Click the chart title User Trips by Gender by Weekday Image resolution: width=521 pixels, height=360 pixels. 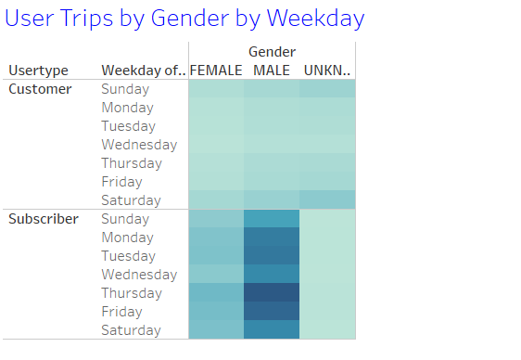(x=184, y=18)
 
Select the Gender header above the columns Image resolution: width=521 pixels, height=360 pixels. (x=272, y=52)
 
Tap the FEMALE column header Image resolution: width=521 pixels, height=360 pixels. (x=216, y=71)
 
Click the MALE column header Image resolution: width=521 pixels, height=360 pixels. (x=272, y=71)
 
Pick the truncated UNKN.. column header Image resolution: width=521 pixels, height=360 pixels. (x=327, y=71)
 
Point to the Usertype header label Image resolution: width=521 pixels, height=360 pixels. (x=39, y=71)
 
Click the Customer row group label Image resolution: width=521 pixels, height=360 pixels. (x=40, y=89)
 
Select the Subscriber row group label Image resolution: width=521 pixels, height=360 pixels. (x=44, y=219)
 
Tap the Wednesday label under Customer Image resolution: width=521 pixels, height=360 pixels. (x=139, y=145)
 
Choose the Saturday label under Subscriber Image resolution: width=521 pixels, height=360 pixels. (x=131, y=330)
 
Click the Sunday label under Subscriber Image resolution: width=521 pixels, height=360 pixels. (x=125, y=219)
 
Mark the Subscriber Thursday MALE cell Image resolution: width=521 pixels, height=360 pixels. (x=272, y=293)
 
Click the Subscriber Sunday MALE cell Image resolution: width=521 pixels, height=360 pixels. (x=272, y=219)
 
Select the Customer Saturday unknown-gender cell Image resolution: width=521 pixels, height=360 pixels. (x=327, y=200)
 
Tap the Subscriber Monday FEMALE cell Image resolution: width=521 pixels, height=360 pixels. (x=216, y=238)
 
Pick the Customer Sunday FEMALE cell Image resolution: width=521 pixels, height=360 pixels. (x=216, y=89)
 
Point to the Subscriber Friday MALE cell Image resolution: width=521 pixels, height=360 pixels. (x=272, y=312)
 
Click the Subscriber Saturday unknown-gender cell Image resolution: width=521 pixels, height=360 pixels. (x=327, y=330)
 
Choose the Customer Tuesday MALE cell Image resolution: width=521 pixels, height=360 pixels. (x=272, y=126)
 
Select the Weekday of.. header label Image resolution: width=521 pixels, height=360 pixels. (x=144, y=71)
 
